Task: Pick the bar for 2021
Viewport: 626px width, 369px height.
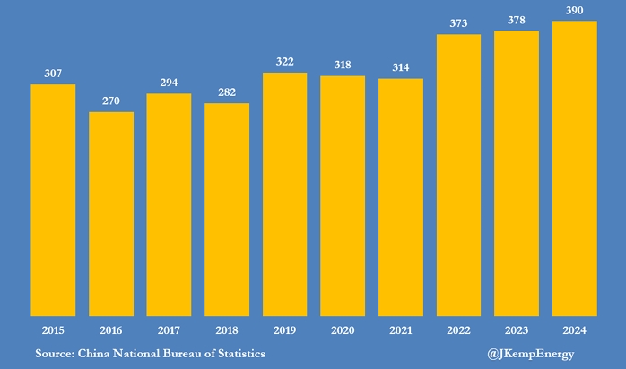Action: click(401, 198)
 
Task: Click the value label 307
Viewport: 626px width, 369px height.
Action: click(53, 73)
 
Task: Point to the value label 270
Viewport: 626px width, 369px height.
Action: click(111, 101)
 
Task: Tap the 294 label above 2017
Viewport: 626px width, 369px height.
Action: click(169, 82)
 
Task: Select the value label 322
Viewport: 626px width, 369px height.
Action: click(285, 61)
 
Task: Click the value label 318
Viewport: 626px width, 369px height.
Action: click(343, 65)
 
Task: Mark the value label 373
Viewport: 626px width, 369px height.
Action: click(458, 23)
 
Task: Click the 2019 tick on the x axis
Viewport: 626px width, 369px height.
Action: click(285, 329)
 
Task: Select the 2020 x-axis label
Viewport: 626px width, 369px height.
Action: click(343, 329)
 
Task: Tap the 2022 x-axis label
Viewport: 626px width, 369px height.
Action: click(458, 329)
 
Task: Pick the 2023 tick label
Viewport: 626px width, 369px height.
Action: click(517, 329)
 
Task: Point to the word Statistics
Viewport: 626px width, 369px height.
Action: click(236, 354)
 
